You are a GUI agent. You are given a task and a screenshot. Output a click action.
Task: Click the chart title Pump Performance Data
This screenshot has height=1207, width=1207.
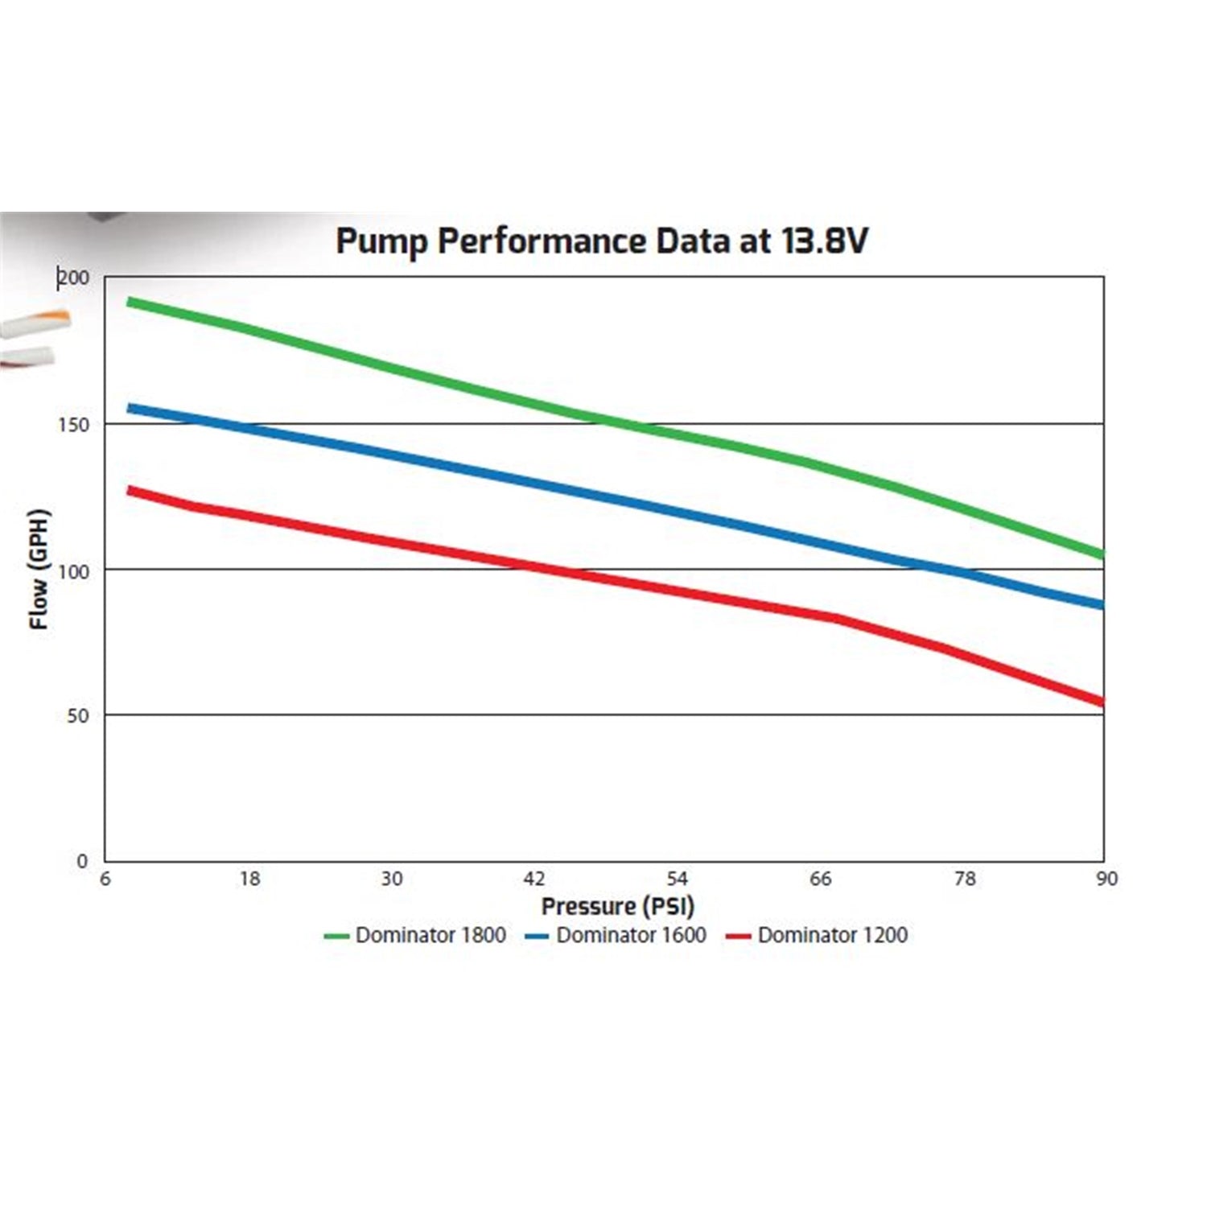point(601,241)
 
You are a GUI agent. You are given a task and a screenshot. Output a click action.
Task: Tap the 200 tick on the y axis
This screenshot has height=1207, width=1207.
point(74,278)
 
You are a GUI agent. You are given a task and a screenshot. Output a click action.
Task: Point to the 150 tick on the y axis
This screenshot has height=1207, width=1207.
point(74,425)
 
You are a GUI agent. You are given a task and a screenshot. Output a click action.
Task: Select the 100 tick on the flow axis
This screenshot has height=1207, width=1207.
point(74,571)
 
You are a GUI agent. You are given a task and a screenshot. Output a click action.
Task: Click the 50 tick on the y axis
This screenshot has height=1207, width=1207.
point(78,716)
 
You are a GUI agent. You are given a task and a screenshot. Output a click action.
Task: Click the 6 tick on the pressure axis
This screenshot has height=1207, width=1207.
point(105,879)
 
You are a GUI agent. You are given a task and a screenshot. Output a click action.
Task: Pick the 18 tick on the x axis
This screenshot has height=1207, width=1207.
point(249,879)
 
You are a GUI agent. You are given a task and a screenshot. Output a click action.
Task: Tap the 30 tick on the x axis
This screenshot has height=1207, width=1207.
point(392,879)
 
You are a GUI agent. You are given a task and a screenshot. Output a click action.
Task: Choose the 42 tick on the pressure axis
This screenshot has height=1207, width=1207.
point(534,879)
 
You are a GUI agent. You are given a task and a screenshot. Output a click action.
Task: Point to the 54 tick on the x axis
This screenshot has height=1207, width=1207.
point(678,879)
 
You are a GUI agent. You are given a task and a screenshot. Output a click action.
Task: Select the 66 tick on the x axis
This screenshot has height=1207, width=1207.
point(820,879)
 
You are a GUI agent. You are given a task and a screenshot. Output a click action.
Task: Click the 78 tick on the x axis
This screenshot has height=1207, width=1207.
point(964,879)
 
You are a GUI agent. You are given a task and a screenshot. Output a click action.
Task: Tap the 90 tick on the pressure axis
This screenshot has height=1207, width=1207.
point(1106,879)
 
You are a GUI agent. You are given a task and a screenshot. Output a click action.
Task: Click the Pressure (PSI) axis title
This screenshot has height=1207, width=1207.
point(617,907)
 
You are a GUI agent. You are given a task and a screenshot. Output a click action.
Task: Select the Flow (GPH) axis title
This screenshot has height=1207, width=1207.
point(39,569)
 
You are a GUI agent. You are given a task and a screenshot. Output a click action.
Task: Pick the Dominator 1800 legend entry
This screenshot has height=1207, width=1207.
point(415,935)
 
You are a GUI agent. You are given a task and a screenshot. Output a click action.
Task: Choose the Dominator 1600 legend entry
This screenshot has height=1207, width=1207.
point(616,935)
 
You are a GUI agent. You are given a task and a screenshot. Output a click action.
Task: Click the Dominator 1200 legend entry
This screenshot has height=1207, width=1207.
point(817,935)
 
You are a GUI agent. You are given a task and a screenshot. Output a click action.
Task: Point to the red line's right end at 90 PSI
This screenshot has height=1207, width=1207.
point(1102,702)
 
